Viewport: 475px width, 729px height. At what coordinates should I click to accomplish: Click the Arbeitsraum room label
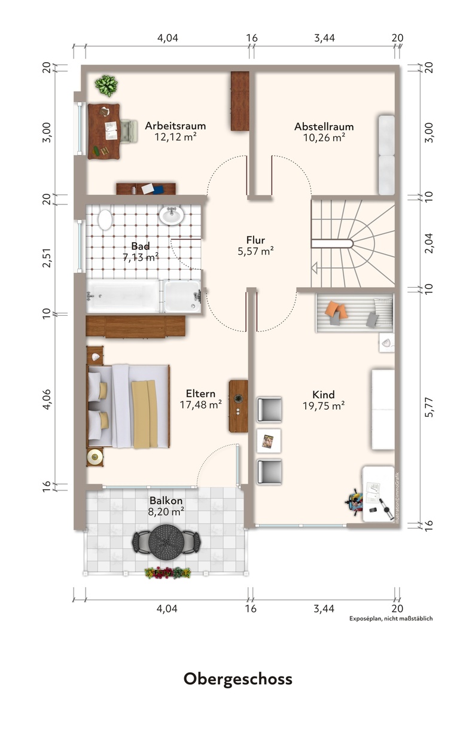[175, 126]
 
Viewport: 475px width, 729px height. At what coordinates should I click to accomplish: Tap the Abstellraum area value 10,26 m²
[324, 138]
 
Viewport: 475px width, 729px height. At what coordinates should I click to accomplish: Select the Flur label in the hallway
[255, 240]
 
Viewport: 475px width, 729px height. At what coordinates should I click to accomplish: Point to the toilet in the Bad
[105, 219]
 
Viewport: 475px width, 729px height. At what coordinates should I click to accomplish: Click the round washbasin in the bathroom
[172, 215]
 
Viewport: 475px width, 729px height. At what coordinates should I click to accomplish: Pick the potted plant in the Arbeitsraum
[106, 86]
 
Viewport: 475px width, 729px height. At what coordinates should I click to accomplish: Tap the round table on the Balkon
[166, 542]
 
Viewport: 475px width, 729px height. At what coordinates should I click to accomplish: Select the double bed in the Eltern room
[129, 407]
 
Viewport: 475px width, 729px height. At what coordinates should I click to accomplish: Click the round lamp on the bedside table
[95, 457]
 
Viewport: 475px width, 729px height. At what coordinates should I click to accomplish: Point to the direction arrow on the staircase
[315, 268]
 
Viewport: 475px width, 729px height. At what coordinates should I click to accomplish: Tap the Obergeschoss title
[237, 679]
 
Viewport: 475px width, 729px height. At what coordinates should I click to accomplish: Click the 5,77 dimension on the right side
[430, 407]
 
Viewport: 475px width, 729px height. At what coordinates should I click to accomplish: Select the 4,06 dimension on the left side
[47, 399]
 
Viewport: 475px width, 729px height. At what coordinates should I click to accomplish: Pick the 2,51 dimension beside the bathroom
[47, 258]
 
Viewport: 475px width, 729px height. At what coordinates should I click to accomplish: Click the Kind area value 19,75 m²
[324, 406]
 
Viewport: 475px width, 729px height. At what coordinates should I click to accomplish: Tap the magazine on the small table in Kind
[268, 441]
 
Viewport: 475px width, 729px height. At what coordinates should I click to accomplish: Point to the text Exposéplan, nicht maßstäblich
[391, 618]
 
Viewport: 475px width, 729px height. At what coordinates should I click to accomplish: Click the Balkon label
[166, 500]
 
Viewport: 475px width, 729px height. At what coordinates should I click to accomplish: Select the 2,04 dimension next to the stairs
[430, 243]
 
